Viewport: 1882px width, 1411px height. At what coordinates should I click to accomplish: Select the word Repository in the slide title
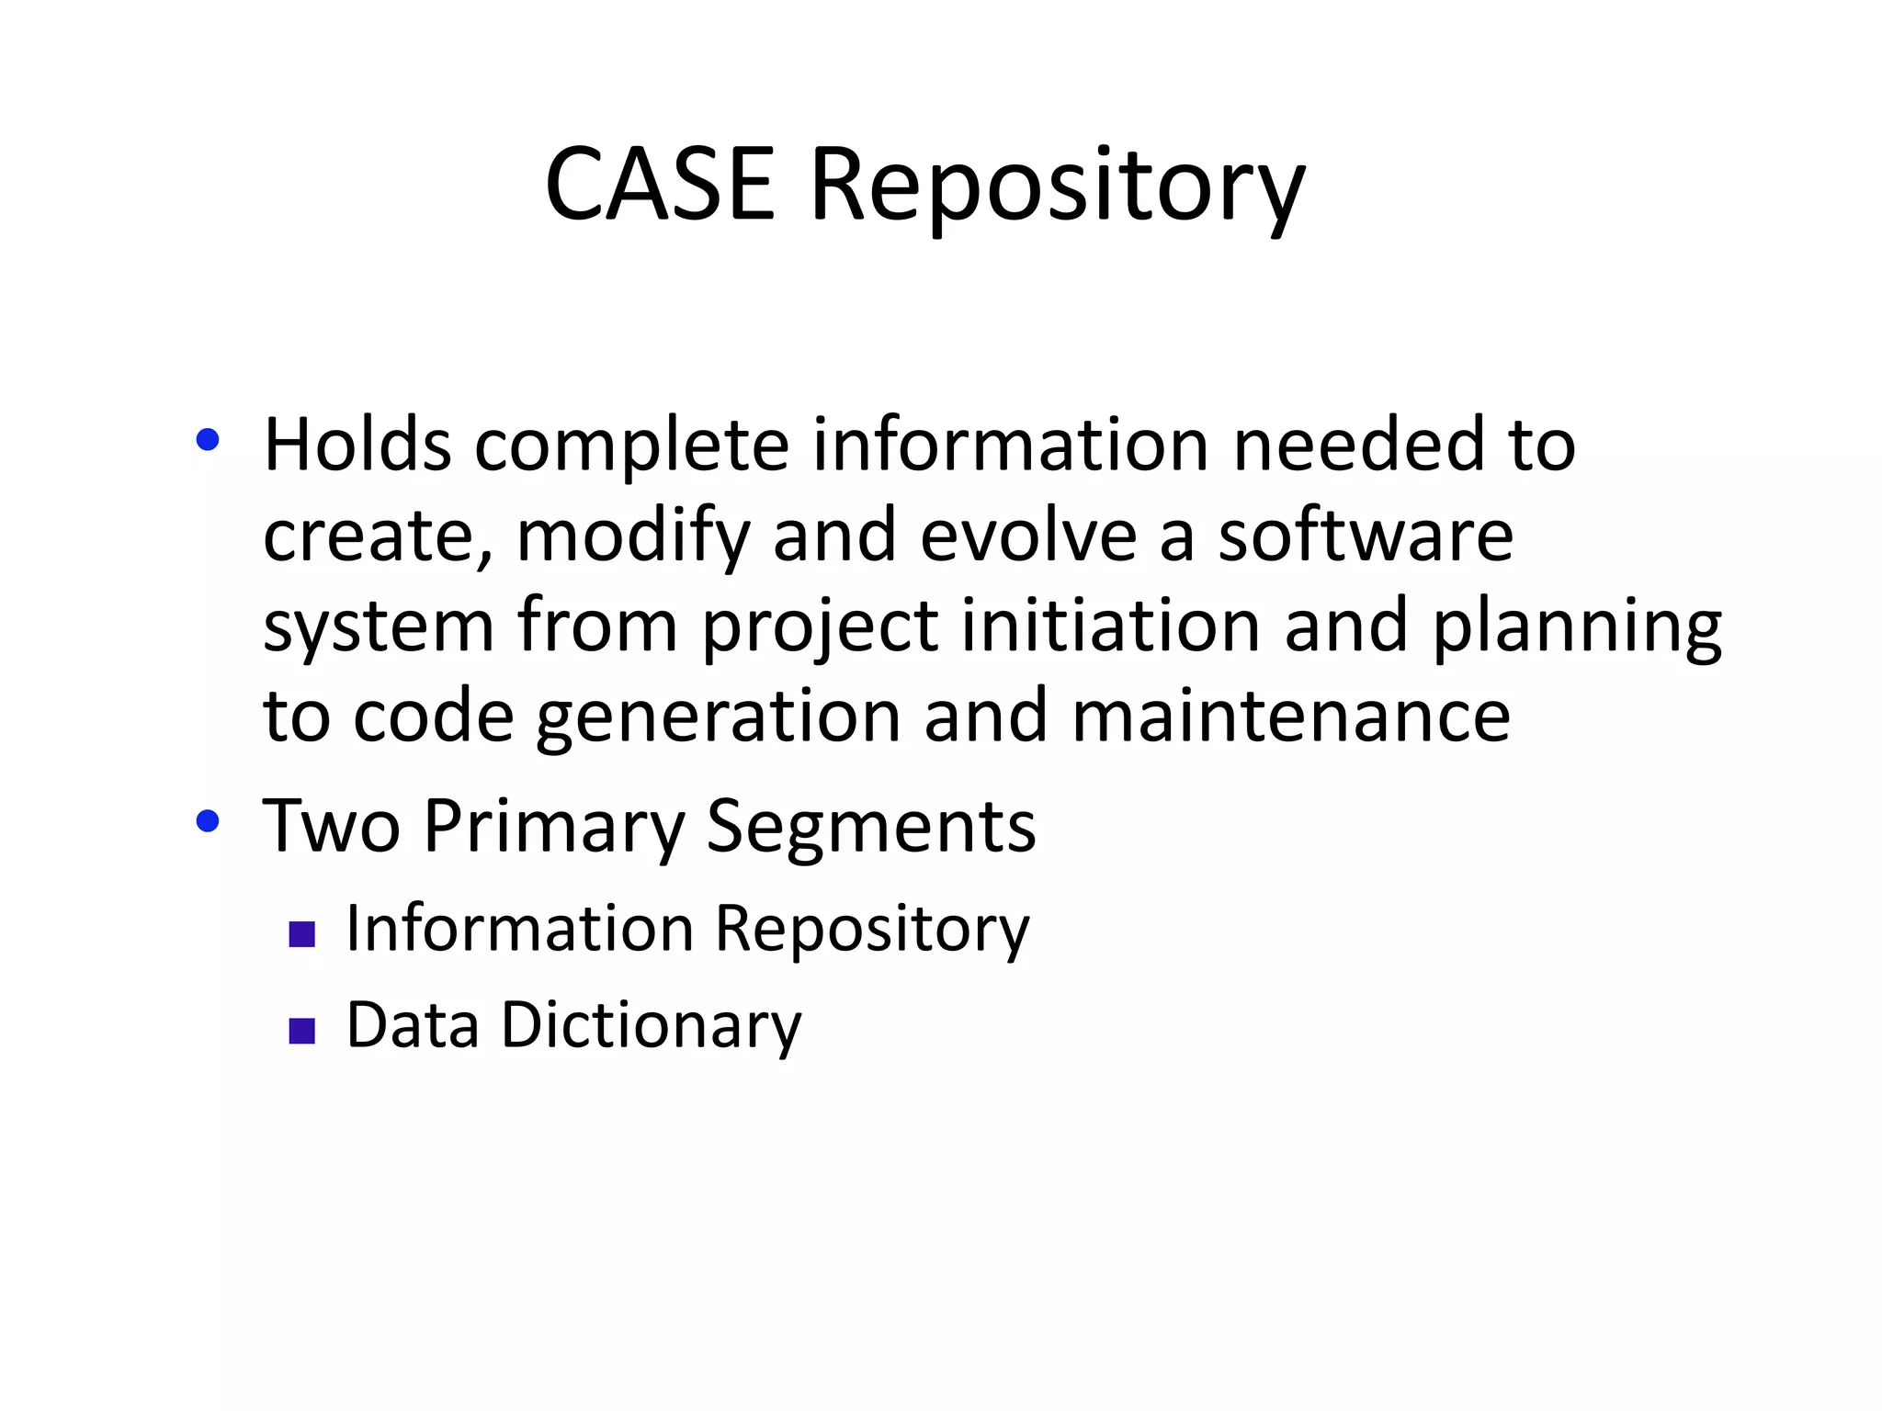(1057, 188)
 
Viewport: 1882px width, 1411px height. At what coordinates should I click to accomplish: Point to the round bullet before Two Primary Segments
(208, 820)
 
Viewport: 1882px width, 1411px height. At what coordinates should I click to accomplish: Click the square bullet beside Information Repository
(301, 934)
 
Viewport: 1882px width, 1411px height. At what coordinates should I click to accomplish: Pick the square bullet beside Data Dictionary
(301, 1031)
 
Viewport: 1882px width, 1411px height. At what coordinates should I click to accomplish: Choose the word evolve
(1028, 536)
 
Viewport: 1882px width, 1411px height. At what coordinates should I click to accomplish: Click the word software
(1366, 536)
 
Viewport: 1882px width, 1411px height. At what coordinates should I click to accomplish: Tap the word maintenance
(1290, 717)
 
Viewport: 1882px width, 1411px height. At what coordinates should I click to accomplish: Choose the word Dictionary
(651, 1026)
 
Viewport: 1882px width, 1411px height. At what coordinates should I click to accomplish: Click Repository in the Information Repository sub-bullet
(872, 931)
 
